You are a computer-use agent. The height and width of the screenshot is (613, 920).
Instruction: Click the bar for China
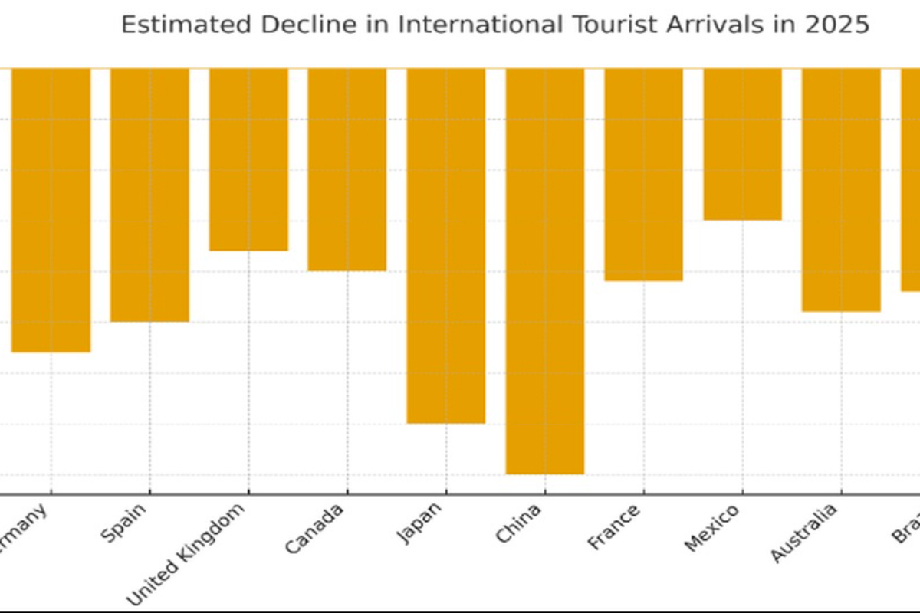(x=544, y=271)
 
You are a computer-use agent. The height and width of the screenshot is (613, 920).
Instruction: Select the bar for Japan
(x=445, y=245)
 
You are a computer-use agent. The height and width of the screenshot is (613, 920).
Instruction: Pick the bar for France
(x=643, y=175)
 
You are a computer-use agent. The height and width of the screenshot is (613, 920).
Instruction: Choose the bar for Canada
(x=347, y=169)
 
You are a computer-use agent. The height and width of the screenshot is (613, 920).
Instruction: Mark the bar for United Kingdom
(x=248, y=159)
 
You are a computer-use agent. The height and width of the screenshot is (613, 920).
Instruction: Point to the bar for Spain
(x=149, y=195)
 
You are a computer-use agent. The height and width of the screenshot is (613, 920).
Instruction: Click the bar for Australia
(x=841, y=190)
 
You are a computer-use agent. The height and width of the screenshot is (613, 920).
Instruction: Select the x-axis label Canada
(x=314, y=529)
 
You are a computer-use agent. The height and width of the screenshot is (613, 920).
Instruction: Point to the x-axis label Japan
(x=420, y=523)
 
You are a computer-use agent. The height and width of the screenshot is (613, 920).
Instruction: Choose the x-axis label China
(x=518, y=523)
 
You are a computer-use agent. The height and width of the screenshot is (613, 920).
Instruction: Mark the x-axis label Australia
(x=803, y=533)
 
